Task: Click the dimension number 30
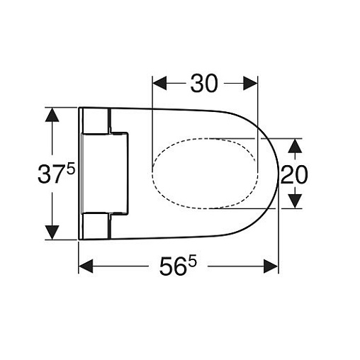click(x=203, y=83)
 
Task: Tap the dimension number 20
click(x=294, y=174)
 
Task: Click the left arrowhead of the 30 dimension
click(x=159, y=83)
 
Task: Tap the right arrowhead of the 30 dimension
click(x=250, y=83)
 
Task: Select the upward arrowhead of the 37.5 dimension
click(x=52, y=115)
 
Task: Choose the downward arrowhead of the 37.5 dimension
click(x=52, y=232)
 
